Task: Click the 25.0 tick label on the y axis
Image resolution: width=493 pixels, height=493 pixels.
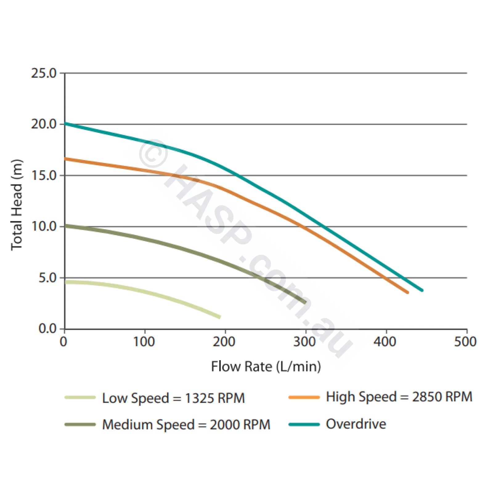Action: click(44, 74)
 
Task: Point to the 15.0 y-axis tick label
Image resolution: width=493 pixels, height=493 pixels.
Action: click(44, 176)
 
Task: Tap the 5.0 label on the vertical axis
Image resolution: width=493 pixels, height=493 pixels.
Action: click(47, 278)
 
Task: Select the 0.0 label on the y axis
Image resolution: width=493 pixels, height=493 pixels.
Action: click(47, 329)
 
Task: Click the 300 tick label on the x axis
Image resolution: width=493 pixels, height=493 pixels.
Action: click(304, 342)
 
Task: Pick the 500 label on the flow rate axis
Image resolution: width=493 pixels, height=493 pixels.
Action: click(465, 342)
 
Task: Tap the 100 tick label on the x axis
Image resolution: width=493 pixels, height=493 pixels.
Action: click(144, 342)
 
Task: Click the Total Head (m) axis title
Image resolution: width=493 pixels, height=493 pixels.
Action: click(17, 205)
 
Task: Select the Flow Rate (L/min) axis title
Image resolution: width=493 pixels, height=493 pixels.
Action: click(266, 367)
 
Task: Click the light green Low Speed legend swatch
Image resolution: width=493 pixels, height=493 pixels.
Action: click(80, 397)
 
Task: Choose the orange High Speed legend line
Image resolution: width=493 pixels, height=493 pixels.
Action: click(304, 397)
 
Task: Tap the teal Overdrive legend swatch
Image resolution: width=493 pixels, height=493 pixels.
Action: click(304, 424)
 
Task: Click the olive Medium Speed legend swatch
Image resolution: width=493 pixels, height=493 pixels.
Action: click(80, 424)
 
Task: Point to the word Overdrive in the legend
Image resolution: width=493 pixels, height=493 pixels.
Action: click(356, 424)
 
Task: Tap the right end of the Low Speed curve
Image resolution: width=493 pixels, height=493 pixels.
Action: click(219, 317)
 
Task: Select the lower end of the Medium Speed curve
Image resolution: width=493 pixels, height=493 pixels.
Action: click(305, 302)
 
